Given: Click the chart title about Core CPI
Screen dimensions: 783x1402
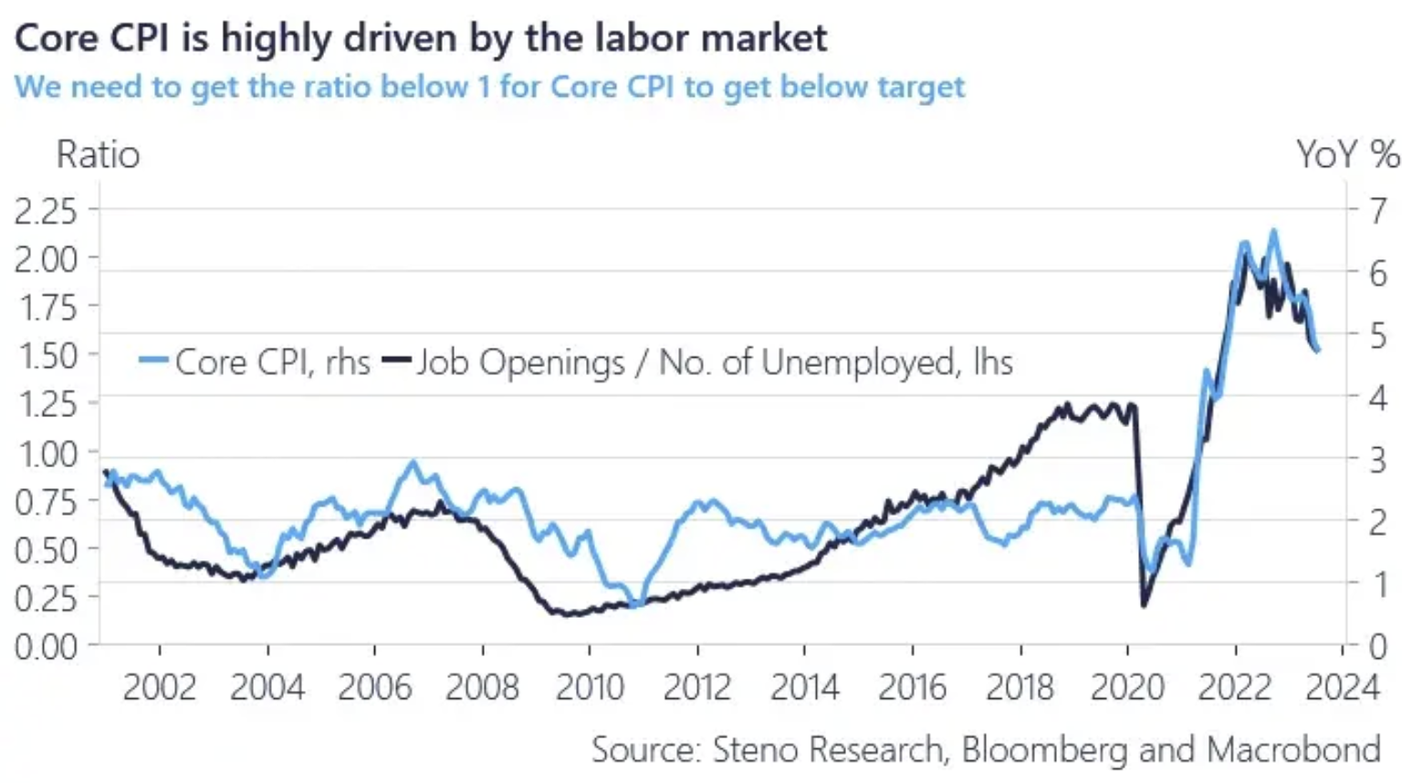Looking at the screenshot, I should (421, 38).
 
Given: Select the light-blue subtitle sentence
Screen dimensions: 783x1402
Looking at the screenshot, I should (489, 87).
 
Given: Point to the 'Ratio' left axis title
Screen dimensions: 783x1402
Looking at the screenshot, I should (99, 155).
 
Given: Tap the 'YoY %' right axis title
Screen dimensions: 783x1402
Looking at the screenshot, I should (1347, 155).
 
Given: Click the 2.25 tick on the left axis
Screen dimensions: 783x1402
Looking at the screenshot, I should (46, 211).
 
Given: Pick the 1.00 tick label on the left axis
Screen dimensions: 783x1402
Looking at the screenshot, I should (46, 454).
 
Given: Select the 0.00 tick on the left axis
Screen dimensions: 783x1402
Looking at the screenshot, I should (46, 647).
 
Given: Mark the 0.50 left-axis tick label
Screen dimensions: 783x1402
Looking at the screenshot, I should (46, 550).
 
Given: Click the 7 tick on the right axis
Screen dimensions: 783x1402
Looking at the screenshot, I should (1377, 211).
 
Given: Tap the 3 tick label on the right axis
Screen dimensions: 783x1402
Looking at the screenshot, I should (1377, 459).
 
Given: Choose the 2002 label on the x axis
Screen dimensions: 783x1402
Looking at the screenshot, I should (160, 687).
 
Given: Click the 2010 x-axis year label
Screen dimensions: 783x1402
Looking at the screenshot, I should (590, 687).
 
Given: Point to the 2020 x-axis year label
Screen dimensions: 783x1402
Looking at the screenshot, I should (1127, 687).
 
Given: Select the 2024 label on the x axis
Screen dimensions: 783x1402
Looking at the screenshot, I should (1342, 687).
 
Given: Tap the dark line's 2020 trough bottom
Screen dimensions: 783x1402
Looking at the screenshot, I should (1144, 604).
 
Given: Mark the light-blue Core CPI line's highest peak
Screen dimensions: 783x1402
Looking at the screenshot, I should (1274, 232).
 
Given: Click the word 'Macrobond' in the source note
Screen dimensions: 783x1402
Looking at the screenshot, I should (1292, 749).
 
